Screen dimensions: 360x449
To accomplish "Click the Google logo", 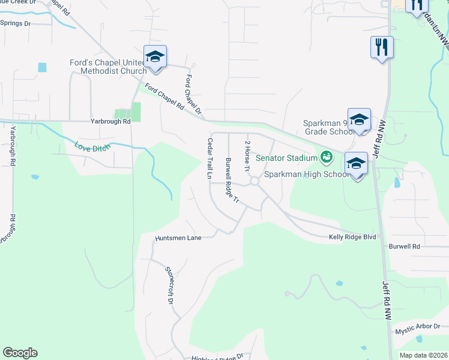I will point(20,353).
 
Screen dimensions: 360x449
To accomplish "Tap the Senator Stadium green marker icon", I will point(327,158).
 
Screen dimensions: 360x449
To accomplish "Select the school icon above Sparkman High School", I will point(357,164).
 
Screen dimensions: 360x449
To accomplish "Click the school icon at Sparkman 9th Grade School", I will point(359,119).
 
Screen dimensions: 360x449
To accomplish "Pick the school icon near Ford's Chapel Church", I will point(155,58).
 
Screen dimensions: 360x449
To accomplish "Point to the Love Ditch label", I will point(92,146).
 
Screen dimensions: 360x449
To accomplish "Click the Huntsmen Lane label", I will point(178,238).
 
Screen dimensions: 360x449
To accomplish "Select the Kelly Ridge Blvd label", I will point(352,237).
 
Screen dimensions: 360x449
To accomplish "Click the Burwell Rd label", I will point(404,246).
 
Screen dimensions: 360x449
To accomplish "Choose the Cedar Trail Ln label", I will point(210,159).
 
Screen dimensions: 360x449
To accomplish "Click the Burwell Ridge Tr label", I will point(232,180).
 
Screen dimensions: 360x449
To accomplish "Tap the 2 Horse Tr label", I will point(247,155).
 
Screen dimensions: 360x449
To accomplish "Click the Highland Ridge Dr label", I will point(217,356).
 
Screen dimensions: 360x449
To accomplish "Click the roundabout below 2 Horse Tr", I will point(254,181).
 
